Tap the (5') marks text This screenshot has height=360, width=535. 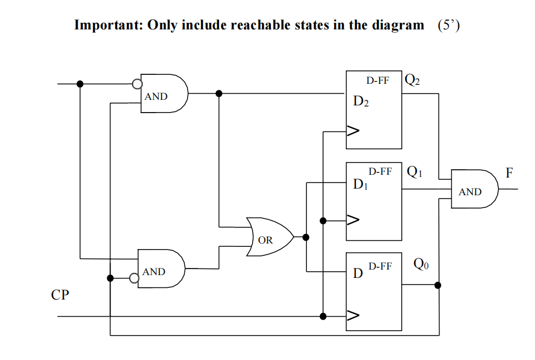[448, 26]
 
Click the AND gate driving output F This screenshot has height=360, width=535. [473, 189]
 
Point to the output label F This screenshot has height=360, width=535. [509, 173]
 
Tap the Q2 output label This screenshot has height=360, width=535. [412, 80]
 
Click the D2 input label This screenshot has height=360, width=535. [361, 102]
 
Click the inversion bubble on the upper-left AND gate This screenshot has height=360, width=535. [137, 84]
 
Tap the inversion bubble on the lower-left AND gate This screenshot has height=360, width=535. [134, 278]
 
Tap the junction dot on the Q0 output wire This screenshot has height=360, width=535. [438, 285]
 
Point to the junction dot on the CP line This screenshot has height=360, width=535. [323, 316]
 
